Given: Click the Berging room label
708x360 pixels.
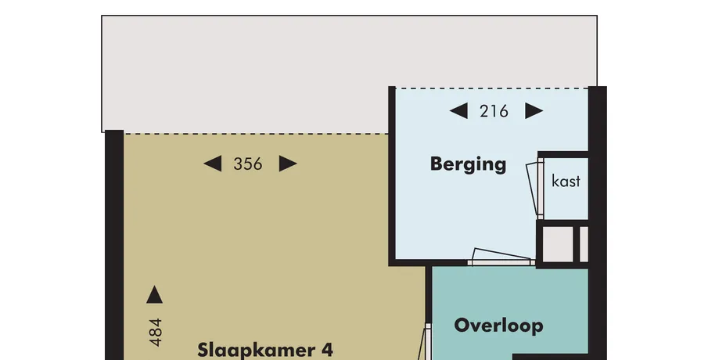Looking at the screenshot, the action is click(x=468, y=164).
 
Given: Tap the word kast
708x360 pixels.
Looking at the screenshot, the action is click(x=566, y=181).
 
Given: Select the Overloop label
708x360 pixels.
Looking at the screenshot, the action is click(x=498, y=326).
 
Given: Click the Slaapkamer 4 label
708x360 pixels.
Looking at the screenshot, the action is click(x=265, y=350).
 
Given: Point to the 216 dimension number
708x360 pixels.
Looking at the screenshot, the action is click(x=494, y=111).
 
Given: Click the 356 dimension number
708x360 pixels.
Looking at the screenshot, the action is click(x=248, y=164).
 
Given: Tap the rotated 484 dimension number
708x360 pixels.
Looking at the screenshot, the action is click(x=155, y=333).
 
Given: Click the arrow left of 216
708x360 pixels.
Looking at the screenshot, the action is click(x=458, y=110).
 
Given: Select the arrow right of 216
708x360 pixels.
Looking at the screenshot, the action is click(x=534, y=110).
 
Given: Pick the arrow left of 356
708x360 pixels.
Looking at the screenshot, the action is click(x=213, y=164).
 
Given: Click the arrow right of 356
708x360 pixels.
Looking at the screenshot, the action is click(x=288, y=164).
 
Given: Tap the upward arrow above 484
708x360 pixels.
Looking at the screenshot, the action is click(x=154, y=294).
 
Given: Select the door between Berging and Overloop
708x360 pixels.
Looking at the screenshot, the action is click(x=501, y=257).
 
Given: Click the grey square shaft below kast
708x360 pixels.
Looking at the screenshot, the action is click(x=558, y=244).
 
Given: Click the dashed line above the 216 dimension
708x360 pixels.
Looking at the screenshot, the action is click(x=492, y=88).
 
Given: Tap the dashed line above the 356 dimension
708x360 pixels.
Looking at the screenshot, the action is click(x=256, y=133).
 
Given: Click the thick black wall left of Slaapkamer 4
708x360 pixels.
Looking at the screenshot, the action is click(x=114, y=245).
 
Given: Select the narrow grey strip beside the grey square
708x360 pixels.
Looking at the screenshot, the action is click(x=584, y=244).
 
